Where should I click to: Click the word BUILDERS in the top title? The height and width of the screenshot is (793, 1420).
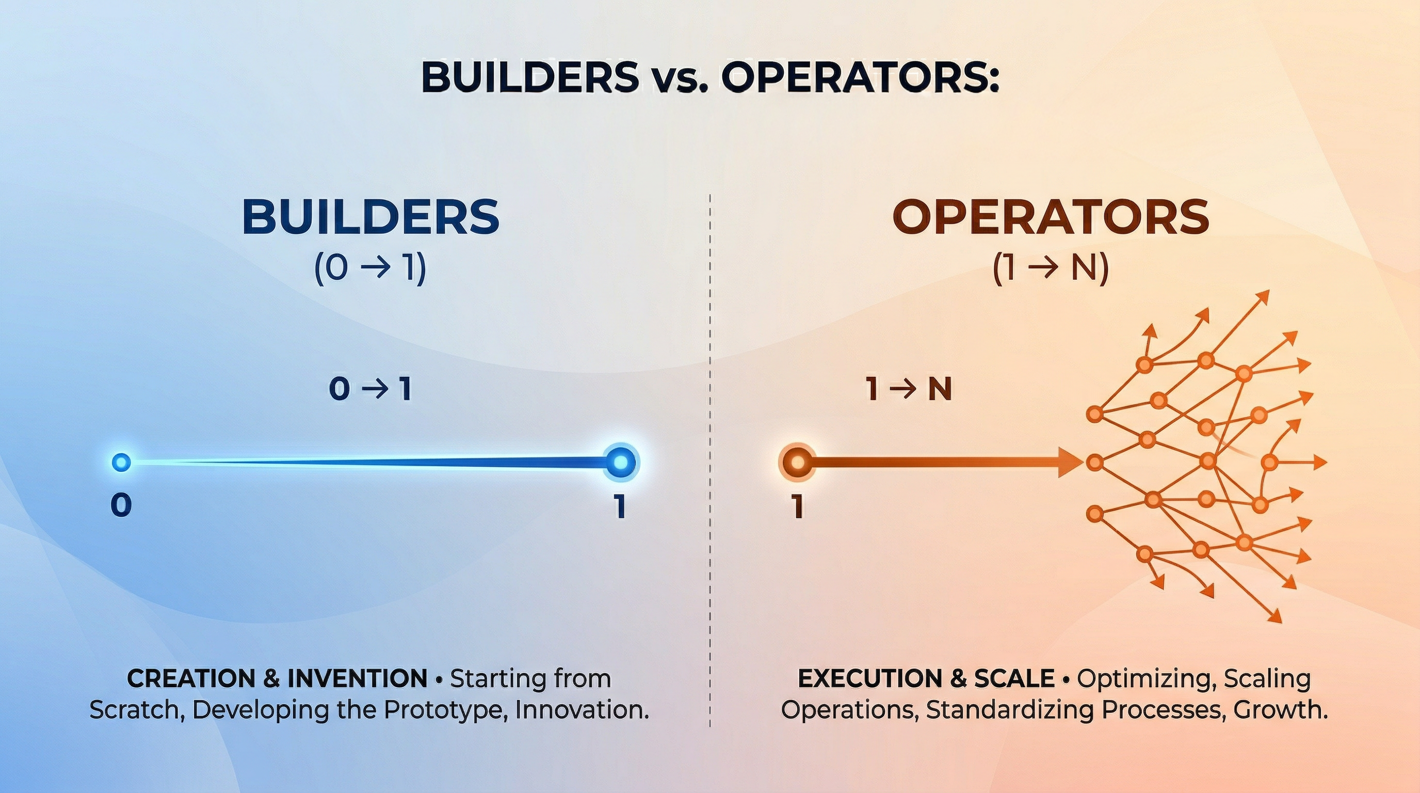[x=530, y=78]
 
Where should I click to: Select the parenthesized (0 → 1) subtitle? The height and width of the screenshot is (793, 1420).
[x=370, y=269]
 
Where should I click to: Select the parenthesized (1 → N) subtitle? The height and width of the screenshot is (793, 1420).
[x=1051, y=269]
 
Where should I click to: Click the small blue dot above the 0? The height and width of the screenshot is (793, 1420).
[x=121, y=462]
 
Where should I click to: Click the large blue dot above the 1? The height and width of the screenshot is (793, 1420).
[x=621, y=462]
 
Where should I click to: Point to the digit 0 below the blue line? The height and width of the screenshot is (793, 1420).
[x=121, y=505]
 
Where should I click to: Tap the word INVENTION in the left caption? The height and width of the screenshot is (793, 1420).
[x=357, y=678]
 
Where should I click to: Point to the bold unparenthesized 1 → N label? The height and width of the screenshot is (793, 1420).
[x=909, y=390]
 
